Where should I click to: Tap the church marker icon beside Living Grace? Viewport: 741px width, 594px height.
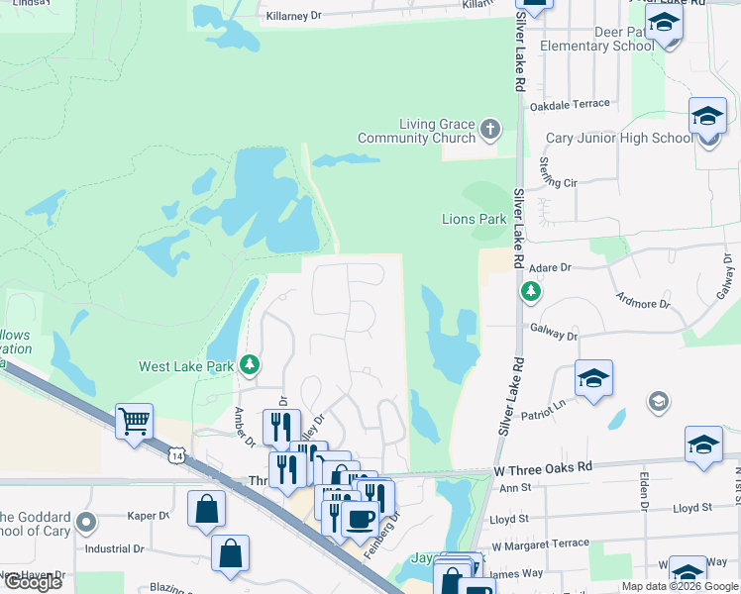(490, 130)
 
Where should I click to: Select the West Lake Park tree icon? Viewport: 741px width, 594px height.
(251, 365)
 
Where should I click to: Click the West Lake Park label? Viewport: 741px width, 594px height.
(186, 366)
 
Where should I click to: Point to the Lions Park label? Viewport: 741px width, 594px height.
(474, 219)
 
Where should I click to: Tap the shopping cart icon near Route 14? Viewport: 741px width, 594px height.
(134, 420)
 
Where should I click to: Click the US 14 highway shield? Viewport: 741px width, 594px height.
(176, 453)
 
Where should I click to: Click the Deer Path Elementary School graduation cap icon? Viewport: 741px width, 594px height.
(664, 23)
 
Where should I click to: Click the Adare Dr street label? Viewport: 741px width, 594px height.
(552, 268)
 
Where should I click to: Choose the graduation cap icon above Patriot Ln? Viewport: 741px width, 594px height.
(592, 378)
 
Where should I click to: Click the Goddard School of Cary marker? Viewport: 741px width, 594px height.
(85, 521)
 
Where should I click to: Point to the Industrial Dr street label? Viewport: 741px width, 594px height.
(116, 549)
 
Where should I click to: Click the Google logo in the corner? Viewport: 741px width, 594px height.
(33, 581)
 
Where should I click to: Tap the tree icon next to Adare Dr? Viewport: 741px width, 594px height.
(531, 292)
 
